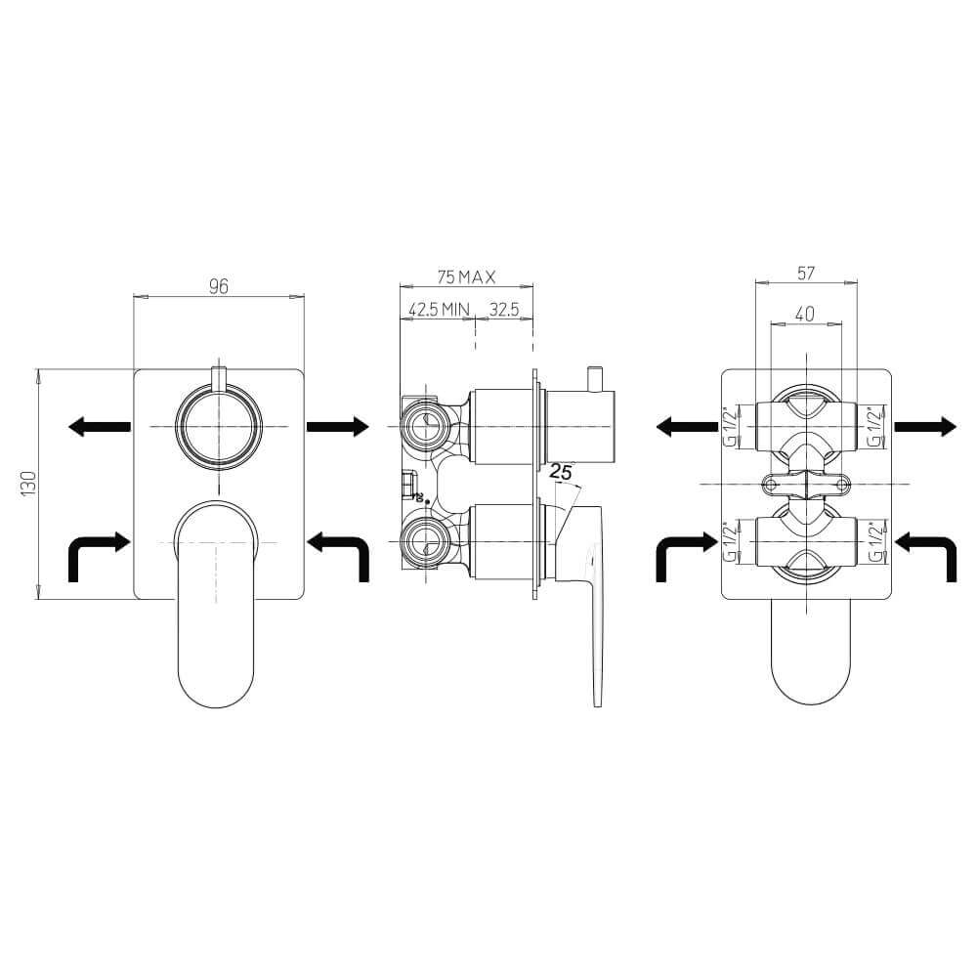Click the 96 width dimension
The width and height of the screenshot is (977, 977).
[x=219, y=286]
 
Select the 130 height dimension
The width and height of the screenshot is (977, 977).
[x=28, y=484]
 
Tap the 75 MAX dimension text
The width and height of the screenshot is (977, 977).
[x=466, y=276]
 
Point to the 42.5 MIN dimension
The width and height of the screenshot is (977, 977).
[x=439, y=310]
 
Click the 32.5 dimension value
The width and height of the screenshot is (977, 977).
[x=503, y=310]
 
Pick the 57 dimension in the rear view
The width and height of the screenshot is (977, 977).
[x=806, y=273]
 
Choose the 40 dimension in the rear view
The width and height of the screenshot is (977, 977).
[x=805, y=314]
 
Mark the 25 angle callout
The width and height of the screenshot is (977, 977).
[x=560, y=472]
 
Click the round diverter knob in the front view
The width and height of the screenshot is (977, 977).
[x=219, y=427]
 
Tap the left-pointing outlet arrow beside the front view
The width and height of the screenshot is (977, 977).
[x=99, y=427]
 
